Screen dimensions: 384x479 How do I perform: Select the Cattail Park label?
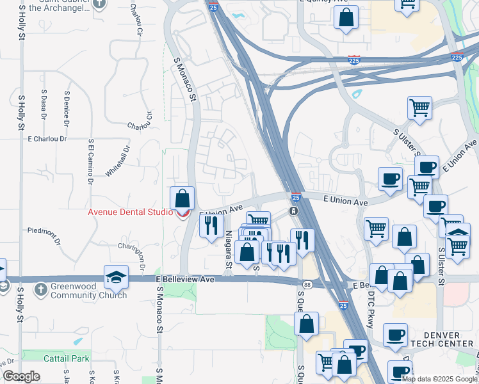(x=67, y=358)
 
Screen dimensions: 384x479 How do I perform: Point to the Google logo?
(x=21, y=376)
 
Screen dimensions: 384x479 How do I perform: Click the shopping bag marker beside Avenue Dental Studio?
(x=183, y=198)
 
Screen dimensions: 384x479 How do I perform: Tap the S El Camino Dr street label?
(x=90, y=160)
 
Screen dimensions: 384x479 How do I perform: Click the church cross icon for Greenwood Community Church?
(x=40, y=289)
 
